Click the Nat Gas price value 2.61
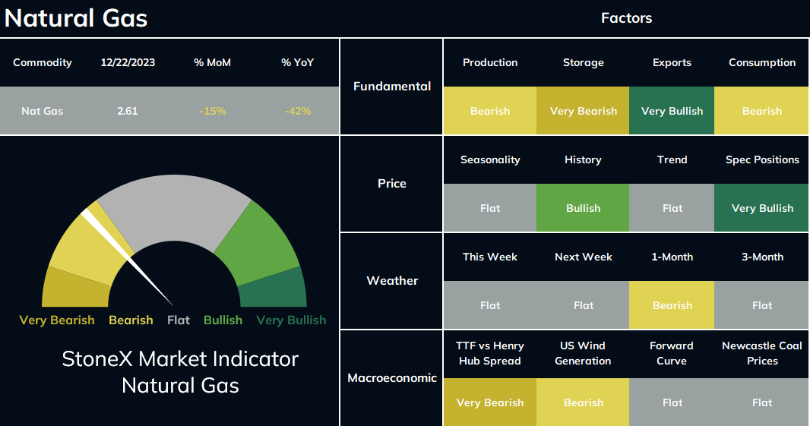coord(127,111)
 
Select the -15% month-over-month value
coord(212,111)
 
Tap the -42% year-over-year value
coord(298,111)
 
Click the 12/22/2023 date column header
coord(128,62)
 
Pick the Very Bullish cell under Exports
coord(672,111)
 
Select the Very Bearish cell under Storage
coord(583,111)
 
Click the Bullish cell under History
coord(583,208)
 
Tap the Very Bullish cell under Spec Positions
coord(761,208)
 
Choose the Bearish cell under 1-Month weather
coord(672,305)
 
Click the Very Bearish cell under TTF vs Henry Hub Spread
coord(489,402)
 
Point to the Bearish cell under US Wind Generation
coord(583,402)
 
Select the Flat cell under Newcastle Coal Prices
coord(761,402)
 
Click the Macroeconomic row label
coord(392,378)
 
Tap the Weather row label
coord(392,281)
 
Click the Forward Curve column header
coord(672,353)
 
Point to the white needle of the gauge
coord(127,258)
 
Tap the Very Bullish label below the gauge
coord(291,320)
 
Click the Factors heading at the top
coord(626,18)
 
